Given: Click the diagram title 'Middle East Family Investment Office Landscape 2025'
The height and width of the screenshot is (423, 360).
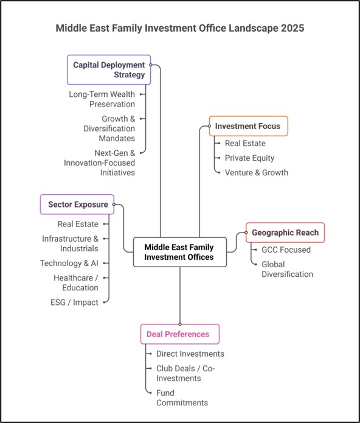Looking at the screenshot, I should click(x=180, y=28).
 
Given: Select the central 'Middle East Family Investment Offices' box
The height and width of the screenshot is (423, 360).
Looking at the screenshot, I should click(x=179, y=252).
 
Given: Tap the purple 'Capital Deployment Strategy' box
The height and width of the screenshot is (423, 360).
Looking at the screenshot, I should click(x=109, y=69).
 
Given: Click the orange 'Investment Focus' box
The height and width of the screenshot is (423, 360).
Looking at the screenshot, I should click(x=247, y=126).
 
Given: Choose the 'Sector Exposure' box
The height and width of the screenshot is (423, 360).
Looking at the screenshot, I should click(x=78, y=205).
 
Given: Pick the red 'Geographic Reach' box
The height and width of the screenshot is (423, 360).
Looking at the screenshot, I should click(x=285, y=232).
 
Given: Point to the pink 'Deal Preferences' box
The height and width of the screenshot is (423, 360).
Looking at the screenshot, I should click(x=179, y=334).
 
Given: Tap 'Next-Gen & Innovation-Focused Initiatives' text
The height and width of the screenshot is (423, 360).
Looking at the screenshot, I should click(x=99, y=163).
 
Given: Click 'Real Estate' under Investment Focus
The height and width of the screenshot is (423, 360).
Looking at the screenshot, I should click(x=246, y=144).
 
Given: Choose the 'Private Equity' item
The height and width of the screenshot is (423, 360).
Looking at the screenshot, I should click(x=249, y=158).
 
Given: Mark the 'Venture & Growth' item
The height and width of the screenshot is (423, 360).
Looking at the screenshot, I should click(x=256, y=172).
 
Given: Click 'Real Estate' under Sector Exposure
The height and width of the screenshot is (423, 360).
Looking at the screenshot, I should click(x=78, y=224).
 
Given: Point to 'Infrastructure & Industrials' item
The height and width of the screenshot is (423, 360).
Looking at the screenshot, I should click(x=70, y=243).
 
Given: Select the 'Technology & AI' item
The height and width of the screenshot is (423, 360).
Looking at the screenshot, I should click(x=69, y=263).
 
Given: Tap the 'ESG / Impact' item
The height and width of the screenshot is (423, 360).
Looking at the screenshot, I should click(x=74, y=302).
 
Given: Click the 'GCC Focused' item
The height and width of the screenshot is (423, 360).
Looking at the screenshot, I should click(x=286, y=250).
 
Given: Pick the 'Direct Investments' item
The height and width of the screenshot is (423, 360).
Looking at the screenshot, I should click(x=190, y=354).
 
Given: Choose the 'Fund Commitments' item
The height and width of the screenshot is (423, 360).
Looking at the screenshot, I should click(x=182, y=397).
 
